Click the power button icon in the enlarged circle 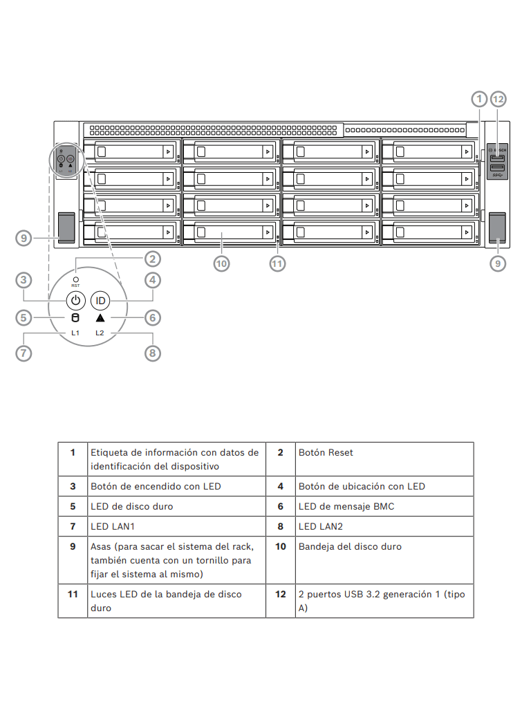(x=76, y=300)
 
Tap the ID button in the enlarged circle (x=101, y=300)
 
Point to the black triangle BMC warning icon (x=100, y=318)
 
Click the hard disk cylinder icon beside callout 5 (x=76, y=318)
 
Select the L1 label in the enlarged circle (x=75, y=333)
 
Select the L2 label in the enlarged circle (x=100, y=333)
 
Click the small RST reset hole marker (x=75, y=279)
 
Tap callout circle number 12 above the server (x=498, y=99)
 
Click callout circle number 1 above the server (x=480, y=99)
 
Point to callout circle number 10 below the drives (x=221, y=263)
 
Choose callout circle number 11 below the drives (x=277, y=263)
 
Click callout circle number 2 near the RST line (x=153, y=259)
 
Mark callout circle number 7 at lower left (x=24, y=353)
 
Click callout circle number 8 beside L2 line (x=153, y=353)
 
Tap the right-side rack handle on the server (x=497, y=227)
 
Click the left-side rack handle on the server (x=66, y=227)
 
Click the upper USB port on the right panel (x=497, y=158)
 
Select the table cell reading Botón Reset (x=326, y=452)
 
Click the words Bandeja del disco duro (x=350, y=547)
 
